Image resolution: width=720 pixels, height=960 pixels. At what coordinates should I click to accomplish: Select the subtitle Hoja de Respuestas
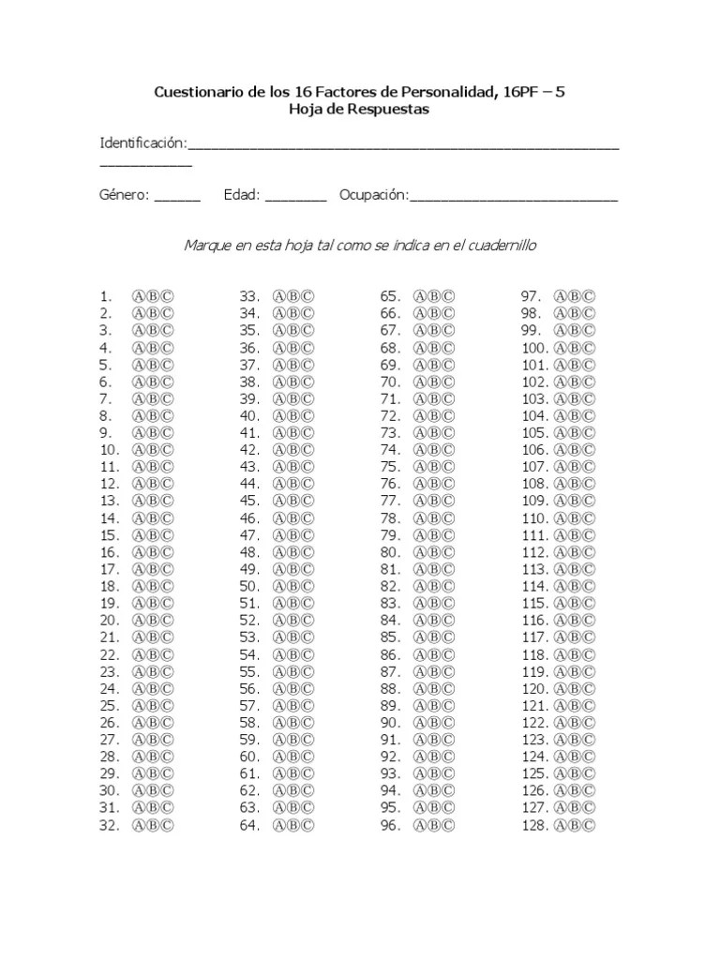[359, 109]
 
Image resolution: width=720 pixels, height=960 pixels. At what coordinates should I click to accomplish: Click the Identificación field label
[143, 142]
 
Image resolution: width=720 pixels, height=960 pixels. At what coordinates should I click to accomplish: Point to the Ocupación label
[374, 195]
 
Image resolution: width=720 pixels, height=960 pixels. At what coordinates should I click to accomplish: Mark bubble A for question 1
[140, 296]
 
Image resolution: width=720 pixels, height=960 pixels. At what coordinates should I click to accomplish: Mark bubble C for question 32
[167, 826]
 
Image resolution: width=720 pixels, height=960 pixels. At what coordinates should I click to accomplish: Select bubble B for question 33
[293, 296]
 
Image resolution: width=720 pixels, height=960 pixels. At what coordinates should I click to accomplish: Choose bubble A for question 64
[279, 826]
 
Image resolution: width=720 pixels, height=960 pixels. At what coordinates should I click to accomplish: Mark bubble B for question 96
[434, 826]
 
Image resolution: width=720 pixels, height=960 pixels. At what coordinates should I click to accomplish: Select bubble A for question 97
[562, 296]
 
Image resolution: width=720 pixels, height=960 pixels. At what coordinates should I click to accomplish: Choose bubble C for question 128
[589, 826]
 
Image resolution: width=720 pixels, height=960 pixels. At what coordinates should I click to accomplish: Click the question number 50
[248, 586]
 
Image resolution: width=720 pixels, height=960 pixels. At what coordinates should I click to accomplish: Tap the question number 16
[108, 552]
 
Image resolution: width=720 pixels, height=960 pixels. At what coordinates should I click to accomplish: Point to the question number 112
[534, 552]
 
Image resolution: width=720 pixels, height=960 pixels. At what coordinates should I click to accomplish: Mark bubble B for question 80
[434, 552]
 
